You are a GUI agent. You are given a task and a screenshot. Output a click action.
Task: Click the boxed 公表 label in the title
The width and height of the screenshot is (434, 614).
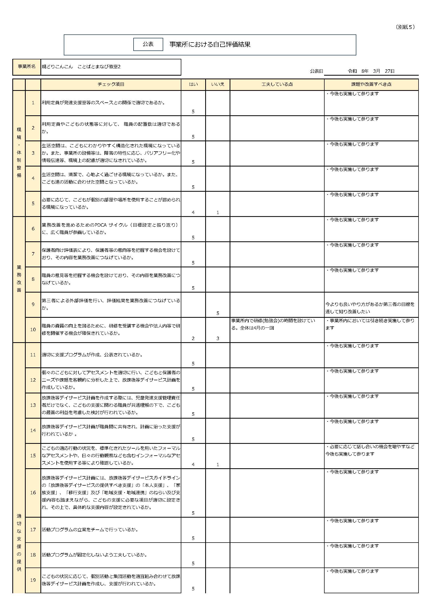(x=148, y=44)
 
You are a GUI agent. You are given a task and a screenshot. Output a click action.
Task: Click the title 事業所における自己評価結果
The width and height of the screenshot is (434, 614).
(x=210, y=44)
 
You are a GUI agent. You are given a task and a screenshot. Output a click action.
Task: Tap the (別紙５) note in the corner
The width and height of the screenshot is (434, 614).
(x=405, y=27)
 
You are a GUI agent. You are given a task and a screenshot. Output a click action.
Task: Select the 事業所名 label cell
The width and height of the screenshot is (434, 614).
(x=27, y=67)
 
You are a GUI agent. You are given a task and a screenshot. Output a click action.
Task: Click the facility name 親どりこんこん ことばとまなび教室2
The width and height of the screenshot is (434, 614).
(x=81, y=67)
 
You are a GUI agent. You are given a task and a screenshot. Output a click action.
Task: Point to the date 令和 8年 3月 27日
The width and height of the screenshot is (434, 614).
(x=371, y=71)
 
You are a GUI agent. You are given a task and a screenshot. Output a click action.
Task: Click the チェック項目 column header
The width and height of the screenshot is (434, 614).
(x=111, y=84)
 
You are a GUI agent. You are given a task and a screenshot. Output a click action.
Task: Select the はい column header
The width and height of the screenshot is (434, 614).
(x=193, y=84)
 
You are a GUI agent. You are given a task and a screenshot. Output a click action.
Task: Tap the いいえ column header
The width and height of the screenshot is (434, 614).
(x=218, y=84)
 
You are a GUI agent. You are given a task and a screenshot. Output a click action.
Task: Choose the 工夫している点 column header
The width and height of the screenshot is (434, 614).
(x=277, y=84)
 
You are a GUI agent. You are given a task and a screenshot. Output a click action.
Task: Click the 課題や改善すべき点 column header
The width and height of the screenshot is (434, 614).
(x=371, y=84)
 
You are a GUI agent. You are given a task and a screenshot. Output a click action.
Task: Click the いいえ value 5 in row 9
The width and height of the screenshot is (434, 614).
(x=218, y=313)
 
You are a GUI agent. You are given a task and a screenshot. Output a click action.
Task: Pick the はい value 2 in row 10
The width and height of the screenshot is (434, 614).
(x=193, y=338)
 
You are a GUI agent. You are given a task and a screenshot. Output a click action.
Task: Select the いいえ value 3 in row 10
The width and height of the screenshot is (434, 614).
(x=218, y=338)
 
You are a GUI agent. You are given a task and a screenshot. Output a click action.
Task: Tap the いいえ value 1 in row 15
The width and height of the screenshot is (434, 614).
(x=218, y=465)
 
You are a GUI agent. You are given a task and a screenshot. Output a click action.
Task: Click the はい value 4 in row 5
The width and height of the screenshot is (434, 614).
(x=193, y=212)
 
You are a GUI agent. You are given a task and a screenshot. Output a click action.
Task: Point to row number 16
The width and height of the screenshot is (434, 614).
(x=33, y=493)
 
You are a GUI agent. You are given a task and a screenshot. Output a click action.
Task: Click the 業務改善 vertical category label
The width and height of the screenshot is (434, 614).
(x=19, y=278)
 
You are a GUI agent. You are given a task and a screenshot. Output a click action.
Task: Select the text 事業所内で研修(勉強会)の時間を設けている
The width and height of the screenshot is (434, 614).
(x=273, y=321)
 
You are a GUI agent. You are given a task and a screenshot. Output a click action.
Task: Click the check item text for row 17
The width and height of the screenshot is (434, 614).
(x=90, y=529)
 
